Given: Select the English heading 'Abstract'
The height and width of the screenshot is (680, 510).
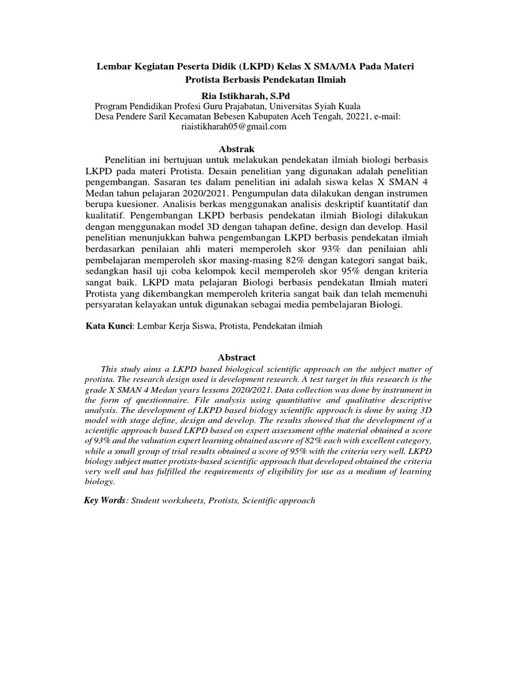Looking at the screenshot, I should point(236,357).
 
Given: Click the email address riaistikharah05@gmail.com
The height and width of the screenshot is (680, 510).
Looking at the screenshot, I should point(234,126).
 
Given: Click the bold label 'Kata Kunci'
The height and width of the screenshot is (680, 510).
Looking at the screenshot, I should point(110,327).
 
